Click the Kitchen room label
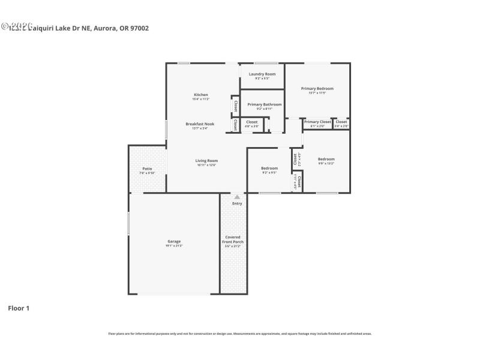(x=201, y=95)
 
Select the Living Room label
(x=206, y=160)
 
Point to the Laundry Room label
(x=262, y=74)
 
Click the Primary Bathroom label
(x=264, y=104)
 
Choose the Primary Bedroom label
(x=317, y=88)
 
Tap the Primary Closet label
(x=317, y=122)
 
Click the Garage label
(x=174, y=241)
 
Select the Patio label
(x=147, y=169)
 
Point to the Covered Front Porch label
(x=233, y=239)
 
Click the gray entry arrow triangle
(x=237, y=197)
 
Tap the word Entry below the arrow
(x=237, y=203)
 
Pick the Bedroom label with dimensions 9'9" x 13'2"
(x=326, y=159)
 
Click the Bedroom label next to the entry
(x=269, y=168)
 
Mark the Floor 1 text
(x=18, y=308)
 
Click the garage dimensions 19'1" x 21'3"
(x=174, y=246)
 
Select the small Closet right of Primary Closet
(x=341, y=122)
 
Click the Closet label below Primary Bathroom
(x=252, y=122)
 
